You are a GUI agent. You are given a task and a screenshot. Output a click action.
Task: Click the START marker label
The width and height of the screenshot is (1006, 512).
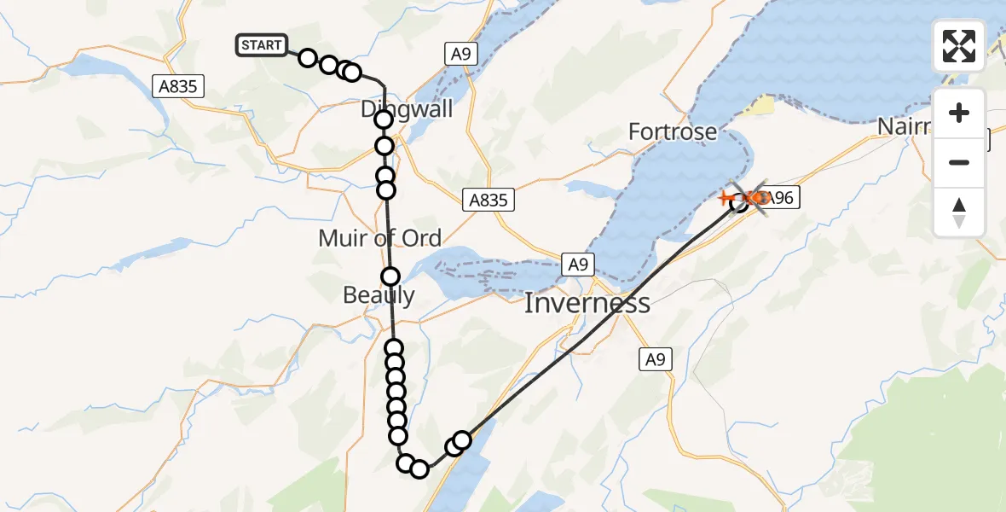[x=262, y=45]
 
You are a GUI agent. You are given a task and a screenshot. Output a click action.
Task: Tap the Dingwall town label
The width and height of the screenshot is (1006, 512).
[x=407, y=109]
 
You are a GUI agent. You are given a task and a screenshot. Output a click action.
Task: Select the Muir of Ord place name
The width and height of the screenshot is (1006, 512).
[x=379, y=238]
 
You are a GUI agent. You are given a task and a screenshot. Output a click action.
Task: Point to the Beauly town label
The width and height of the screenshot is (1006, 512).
[x=379, y=295]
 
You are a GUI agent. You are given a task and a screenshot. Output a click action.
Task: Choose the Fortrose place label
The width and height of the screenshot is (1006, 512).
[x=673, y=132]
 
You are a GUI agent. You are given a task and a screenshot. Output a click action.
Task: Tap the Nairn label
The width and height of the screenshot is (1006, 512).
[x=904, y=127]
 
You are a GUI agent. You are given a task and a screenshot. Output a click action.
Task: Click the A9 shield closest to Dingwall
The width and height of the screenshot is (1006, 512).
[x=460, y=55]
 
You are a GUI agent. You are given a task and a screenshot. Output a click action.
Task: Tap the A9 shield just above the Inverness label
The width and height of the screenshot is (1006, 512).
[x=578, y=265]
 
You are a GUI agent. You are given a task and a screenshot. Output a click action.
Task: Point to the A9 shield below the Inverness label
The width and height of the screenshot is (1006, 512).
[x=654, y=360]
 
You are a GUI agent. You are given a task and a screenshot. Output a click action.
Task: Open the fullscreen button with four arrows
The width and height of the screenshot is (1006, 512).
[x=959, y=46]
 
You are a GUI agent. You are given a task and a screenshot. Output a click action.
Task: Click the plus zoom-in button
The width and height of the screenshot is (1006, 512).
[x=959, y=113]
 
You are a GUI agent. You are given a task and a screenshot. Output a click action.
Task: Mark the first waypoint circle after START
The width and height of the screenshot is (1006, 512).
[x=308, y=60]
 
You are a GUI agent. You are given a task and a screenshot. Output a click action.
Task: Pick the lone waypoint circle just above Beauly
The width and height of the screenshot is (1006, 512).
[x=390, y=276]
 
